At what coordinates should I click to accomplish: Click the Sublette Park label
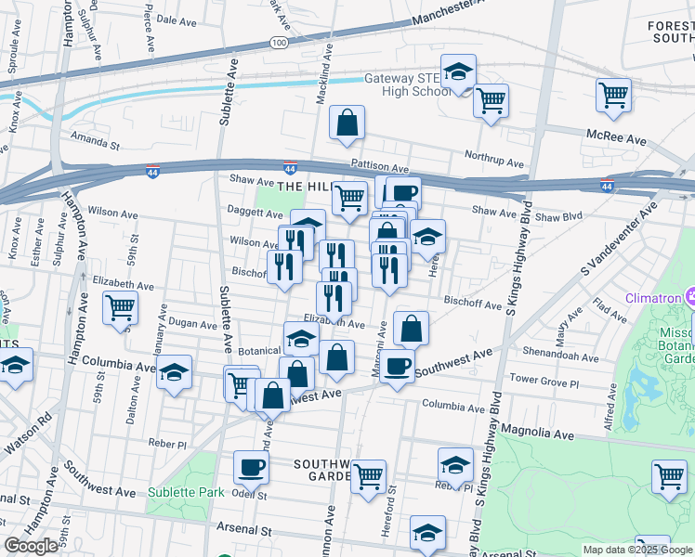[x=186, y=491]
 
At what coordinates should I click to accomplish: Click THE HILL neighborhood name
[x=303, y=187]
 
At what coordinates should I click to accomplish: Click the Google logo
[x=31, y=546]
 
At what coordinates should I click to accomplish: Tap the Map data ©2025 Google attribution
[x=637, y=550]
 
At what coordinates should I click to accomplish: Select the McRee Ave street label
[x=615, y=137]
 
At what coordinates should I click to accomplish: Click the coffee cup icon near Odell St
[x=251, y=467]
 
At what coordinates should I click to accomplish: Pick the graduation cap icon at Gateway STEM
[x=458, y=71]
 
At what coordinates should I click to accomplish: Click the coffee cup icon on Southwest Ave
[x=397, y=365]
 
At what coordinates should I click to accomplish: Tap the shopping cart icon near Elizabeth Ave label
[x=120, y=308]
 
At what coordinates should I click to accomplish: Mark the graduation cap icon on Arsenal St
[x=427, y=533]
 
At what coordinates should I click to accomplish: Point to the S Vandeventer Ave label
[x=614, y=259]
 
